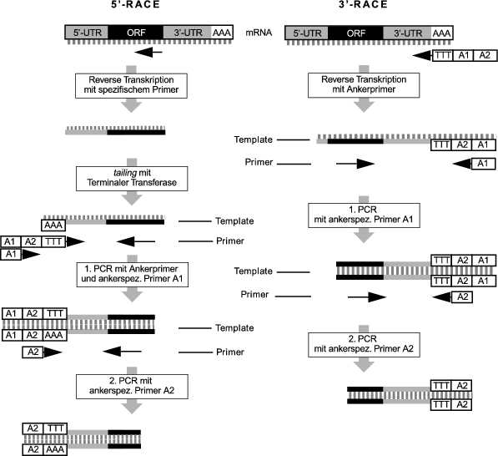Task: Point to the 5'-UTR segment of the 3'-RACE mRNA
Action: pyautogui.click(x=306, y=32)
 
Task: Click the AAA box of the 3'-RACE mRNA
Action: pyautogui.click(x=442, y=32)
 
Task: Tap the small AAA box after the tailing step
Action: pyautogui.click(x=54, y=225)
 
